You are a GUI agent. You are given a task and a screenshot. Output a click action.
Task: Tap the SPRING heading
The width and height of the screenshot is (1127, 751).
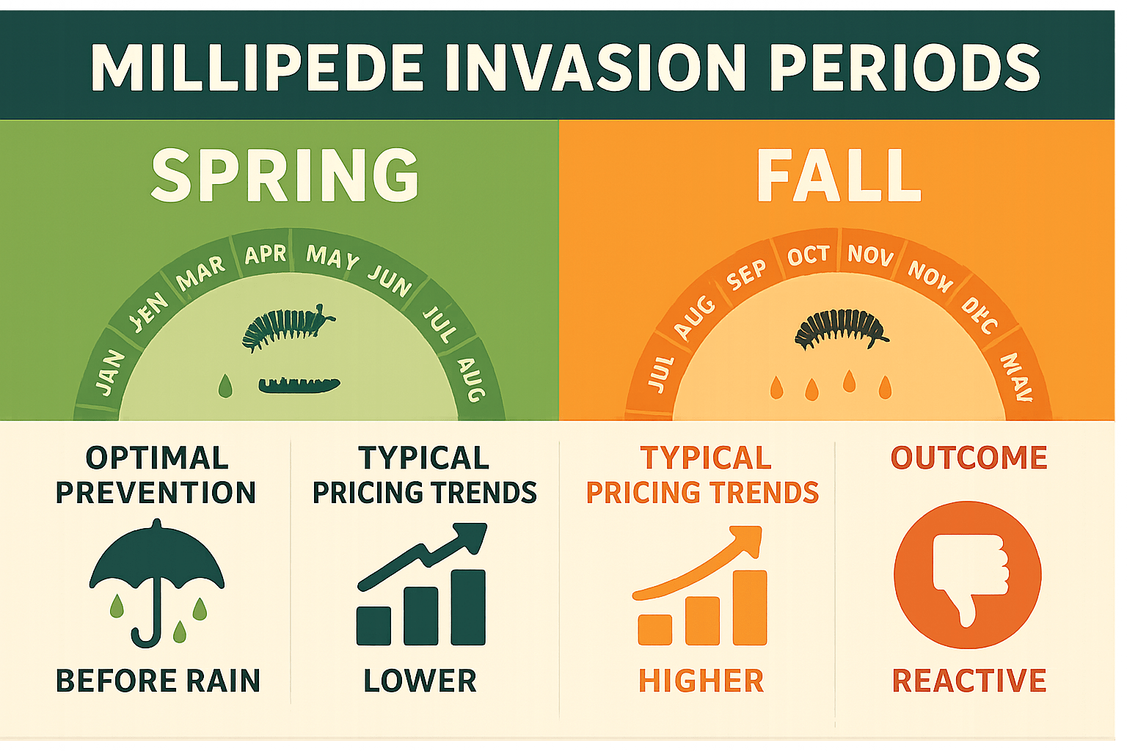point(285,175)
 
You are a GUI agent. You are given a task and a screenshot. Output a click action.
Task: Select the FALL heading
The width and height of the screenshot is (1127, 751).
point(839,176)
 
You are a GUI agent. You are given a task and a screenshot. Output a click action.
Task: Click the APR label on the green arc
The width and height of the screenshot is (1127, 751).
point(265,254)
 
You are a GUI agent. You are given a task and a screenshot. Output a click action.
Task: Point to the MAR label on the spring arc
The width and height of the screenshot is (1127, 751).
point(200,273)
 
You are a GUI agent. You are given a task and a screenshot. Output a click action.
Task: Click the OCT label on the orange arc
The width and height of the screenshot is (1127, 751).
point(808,255)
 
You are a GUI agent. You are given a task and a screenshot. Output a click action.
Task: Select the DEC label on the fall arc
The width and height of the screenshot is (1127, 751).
point(980,315)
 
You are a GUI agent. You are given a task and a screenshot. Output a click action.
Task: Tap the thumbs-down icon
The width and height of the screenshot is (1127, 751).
point(967,574)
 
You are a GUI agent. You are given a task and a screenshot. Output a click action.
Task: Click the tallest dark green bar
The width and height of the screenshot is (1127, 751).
point(468,607)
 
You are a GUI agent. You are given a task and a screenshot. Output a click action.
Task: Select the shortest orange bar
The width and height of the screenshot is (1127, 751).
point(654,629)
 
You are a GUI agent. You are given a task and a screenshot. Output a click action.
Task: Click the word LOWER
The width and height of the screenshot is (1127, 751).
point(420,681)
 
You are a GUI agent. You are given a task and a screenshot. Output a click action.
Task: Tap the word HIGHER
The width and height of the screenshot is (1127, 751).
point(701,681)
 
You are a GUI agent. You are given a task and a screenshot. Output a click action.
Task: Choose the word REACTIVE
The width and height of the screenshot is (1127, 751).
point(969,681)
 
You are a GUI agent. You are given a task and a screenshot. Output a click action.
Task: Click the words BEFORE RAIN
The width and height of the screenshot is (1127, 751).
point(158,681)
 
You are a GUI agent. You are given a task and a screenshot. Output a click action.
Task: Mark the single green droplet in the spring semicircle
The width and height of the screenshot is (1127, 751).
point(225,385)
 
